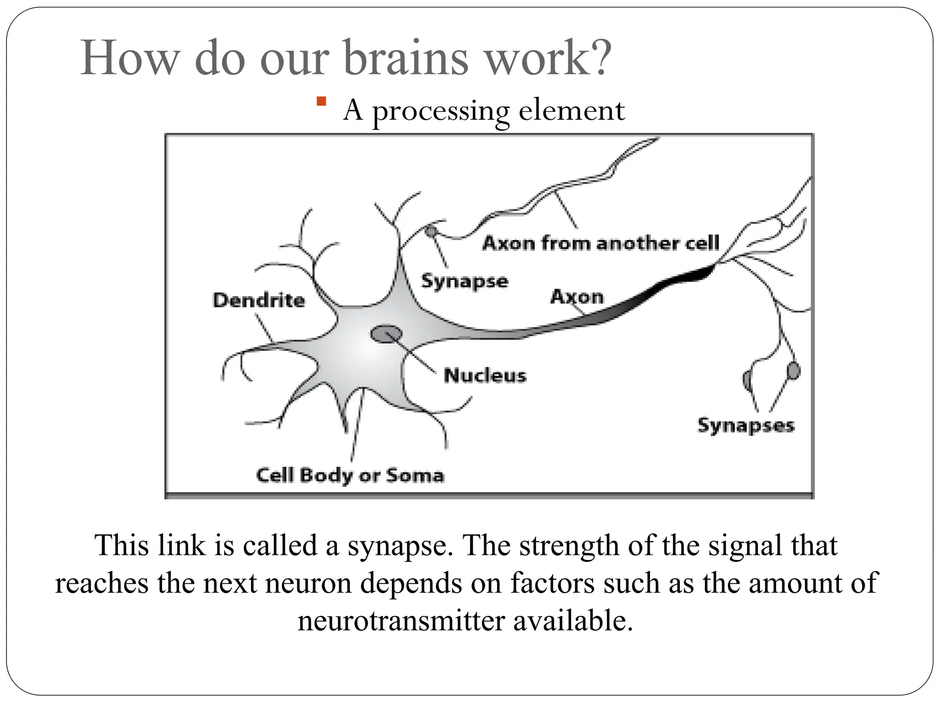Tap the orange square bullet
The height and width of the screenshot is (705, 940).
tap(321, 101)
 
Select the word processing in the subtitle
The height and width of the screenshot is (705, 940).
tap(441, 112)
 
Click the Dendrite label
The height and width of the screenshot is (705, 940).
tap(259, 301)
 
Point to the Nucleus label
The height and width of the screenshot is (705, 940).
tap(485, 375)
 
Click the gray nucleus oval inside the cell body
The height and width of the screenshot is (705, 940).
tap(386, 334)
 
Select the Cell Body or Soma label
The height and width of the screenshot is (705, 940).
tap(350, 475)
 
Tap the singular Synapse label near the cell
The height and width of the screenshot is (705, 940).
tap(464, 281)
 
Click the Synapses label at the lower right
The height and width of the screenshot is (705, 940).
tap(746, 425)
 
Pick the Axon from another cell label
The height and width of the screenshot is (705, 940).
tap(601, 243)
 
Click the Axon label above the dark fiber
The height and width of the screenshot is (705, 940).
tap(577, 297)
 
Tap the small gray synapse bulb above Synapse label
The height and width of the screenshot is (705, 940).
tap(431, 230)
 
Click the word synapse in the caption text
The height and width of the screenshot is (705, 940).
tap(399, 546)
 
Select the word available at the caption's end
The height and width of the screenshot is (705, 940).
tap(572, 621)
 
